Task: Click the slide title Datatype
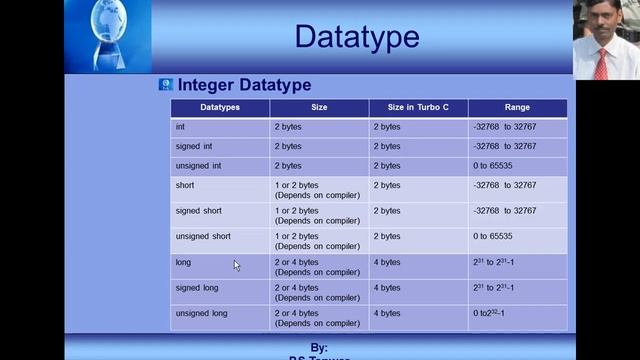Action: click(x=356, y=38)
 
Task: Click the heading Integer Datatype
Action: click(x=244, y=86)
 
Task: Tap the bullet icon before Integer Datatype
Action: click(x=166, y=85)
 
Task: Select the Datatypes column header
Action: click(x=220, y=107)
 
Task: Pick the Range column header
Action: click(x=517, y=107)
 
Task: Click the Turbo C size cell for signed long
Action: click(x=387, y=288)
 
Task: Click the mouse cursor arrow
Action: click(x=236, y=265)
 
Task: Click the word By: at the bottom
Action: click(x=320, y=346)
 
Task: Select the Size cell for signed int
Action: click(x=288, y=146)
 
